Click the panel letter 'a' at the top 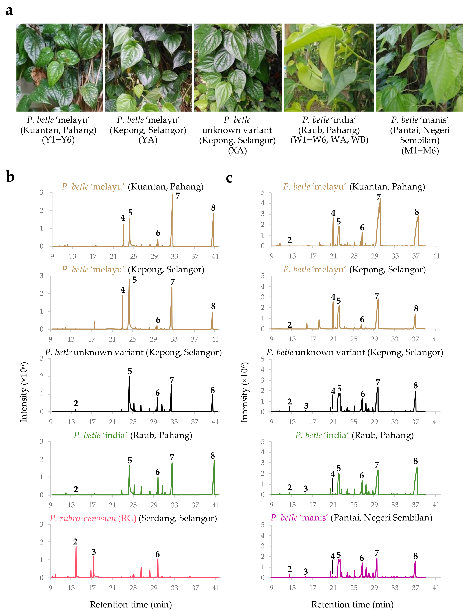coord(9,11)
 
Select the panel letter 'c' coord(229,178)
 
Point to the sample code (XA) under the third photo coord(237,151)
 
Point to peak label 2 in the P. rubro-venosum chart coord(75,541)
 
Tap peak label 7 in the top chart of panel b coord(178,196)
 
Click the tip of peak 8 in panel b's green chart coord(214,460)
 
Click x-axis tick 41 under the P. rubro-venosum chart coord(216,588)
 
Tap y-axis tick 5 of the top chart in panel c coord(262,193)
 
